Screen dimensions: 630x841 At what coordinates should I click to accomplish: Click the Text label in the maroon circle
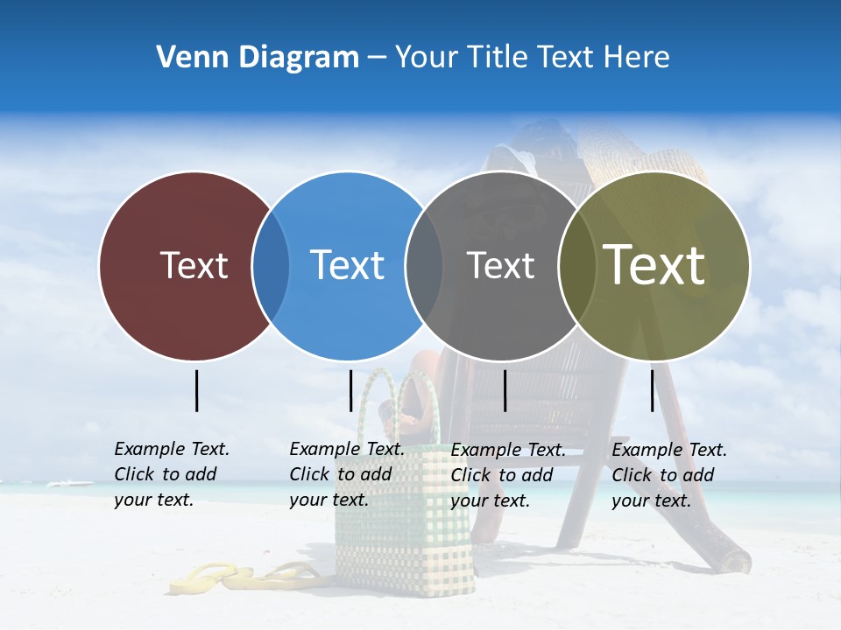click(194, 265)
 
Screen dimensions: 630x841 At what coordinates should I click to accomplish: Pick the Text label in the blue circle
click(348, 265)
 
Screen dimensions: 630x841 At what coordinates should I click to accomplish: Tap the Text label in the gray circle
click(500, 265)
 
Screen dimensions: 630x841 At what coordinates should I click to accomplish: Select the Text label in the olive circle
click(654, 265)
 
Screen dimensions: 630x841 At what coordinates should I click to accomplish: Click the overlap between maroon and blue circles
click(271, 265)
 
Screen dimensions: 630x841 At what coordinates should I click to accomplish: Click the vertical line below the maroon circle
click(196, 390)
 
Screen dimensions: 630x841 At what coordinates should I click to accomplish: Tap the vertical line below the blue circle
click(350, 390)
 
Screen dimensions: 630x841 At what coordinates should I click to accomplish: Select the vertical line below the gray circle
click(505, 390)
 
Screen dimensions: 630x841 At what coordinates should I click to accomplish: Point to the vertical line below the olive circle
click(652, 390)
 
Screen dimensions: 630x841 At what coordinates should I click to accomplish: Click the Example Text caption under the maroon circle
click(172, 474)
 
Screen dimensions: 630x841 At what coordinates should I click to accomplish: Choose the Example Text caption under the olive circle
click(669, 475)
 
